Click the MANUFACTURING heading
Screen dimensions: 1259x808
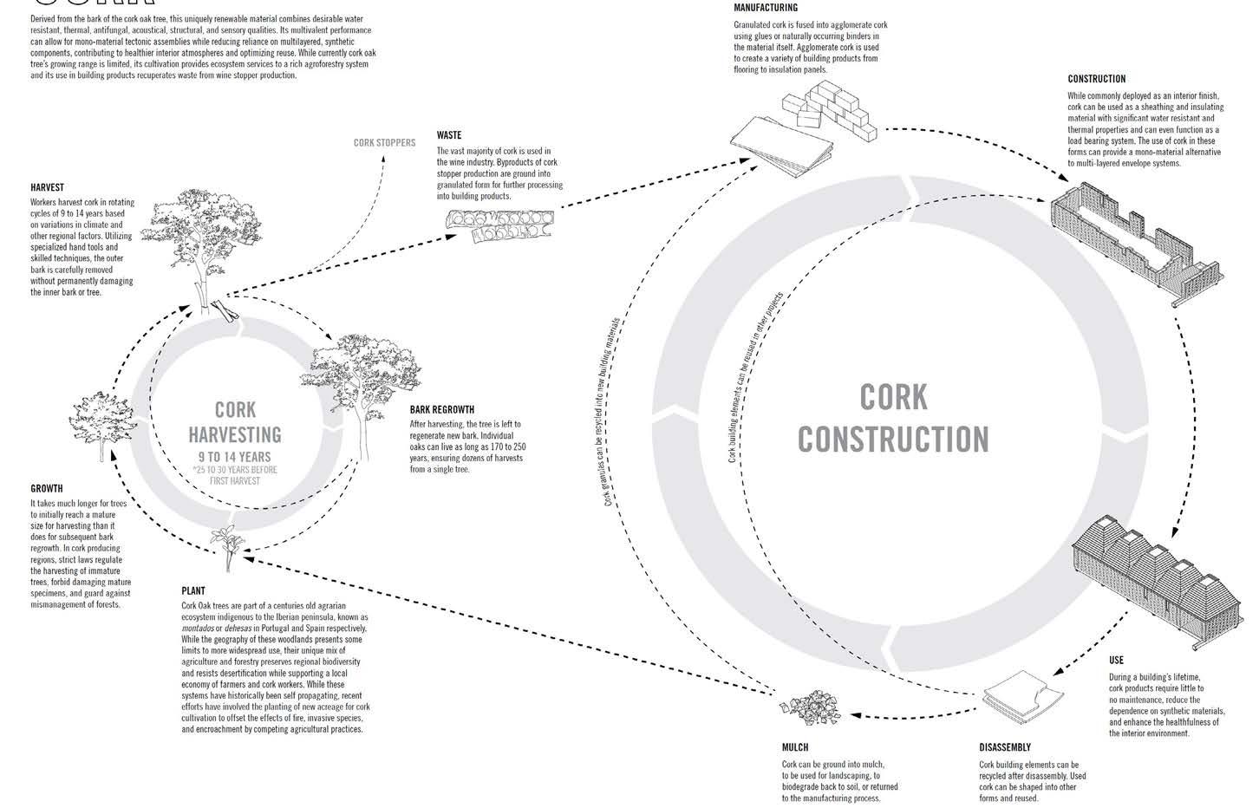click(766, 8)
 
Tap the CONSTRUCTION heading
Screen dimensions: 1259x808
click(1097, 79)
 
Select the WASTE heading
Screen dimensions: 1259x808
click(449, 135)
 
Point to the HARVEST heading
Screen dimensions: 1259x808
click(47, 187)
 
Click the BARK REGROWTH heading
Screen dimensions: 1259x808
click(442, 410)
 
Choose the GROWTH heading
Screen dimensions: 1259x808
click(47, 489)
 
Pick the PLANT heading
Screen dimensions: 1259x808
click(193, 591)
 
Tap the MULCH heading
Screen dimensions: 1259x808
click(795, 747)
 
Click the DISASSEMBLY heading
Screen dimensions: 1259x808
click(1005, 747)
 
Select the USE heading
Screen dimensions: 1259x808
click(1116, 661)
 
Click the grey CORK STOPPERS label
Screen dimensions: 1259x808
click(384, 142)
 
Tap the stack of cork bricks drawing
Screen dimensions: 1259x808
click(829, 109)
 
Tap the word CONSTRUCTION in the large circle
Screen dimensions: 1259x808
click(893, 439)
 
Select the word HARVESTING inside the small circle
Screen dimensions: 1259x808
click(236, 434)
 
